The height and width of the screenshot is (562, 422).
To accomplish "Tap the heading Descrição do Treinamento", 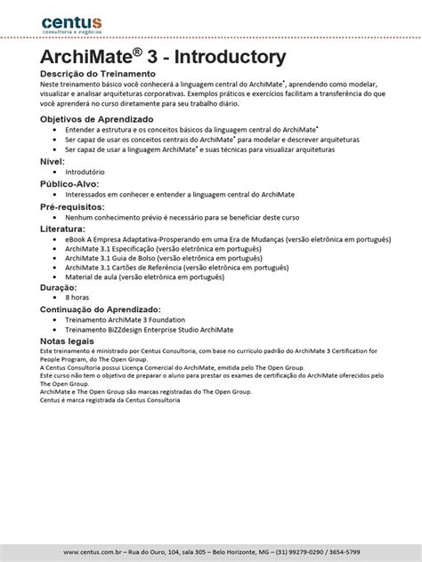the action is (x=98, y=73).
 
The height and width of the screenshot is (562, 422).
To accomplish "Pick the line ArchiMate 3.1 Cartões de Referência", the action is (x=164, y=268).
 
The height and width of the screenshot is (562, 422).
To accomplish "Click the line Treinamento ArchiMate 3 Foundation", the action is (x=138, y=319).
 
